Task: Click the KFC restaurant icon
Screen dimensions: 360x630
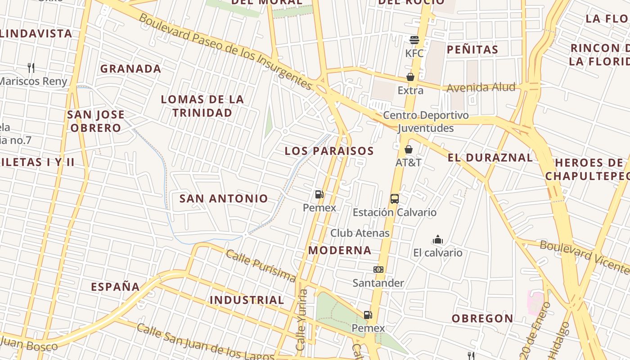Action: click(x=414, y=40)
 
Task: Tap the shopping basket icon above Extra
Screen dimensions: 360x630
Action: click(x=410, y=77)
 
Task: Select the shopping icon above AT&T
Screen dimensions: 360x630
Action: click(x=409, y=149)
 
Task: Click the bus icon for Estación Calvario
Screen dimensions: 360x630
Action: click(x=395, y=198)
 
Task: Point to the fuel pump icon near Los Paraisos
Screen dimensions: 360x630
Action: click(x=319, y=194)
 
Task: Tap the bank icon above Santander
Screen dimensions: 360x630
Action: click(x=378, y=270)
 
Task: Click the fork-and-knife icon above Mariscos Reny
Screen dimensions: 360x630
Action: click(x=31, y=68)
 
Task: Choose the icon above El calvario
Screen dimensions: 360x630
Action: click(x=437, y=239)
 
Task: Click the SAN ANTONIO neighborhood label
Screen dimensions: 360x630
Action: click(x=224, y=198)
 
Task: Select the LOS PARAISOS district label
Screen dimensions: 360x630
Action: click(x=329, y=151)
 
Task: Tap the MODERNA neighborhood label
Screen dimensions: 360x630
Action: click(x=340, y=250)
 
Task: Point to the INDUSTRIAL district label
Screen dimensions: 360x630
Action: click(x=247, y=300)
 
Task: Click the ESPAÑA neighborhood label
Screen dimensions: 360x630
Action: click(x=116, y=287)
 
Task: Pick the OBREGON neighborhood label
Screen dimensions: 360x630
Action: click(x=482, y=319)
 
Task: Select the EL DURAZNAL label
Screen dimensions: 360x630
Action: click(x=490, y=157)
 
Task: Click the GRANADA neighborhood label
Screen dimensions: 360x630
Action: click(x=130, y=69)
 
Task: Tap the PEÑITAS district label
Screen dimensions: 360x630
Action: click(x=472, y=49)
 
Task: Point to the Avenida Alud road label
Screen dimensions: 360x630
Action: click(x=481, y=87)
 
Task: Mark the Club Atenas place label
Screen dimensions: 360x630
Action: click(x=360, y=233)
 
